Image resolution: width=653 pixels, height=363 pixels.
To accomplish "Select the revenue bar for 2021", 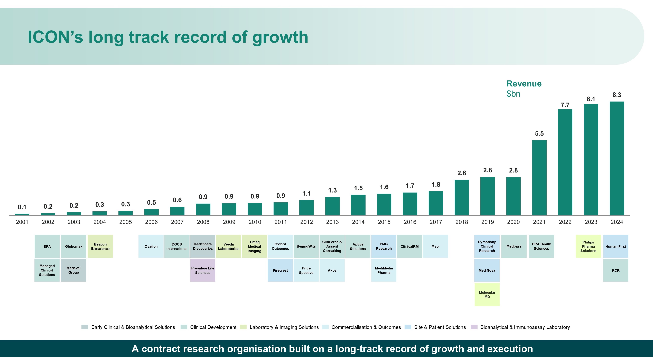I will (x=539, y=178).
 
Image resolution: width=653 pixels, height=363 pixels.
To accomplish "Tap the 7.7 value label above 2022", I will (x=565, y=105).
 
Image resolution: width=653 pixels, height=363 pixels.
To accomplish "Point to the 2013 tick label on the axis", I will (x=332, y=222).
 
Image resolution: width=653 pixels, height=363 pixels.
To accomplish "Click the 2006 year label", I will (x=151, y=222).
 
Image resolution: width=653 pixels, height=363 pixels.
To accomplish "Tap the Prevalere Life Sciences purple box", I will (x=203, y=270).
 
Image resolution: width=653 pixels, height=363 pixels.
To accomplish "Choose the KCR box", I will (x=615, y=270).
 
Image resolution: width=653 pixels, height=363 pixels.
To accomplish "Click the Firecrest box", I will (x=280, y=270).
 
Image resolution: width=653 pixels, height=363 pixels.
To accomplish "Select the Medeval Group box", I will (x=73, y=270).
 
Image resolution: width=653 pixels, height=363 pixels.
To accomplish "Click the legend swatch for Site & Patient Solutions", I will (x=408, y=327).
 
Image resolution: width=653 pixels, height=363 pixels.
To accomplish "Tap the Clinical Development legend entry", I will (x=213, y=327).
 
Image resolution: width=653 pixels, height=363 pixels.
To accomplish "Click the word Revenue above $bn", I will (x=524, y=84).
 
